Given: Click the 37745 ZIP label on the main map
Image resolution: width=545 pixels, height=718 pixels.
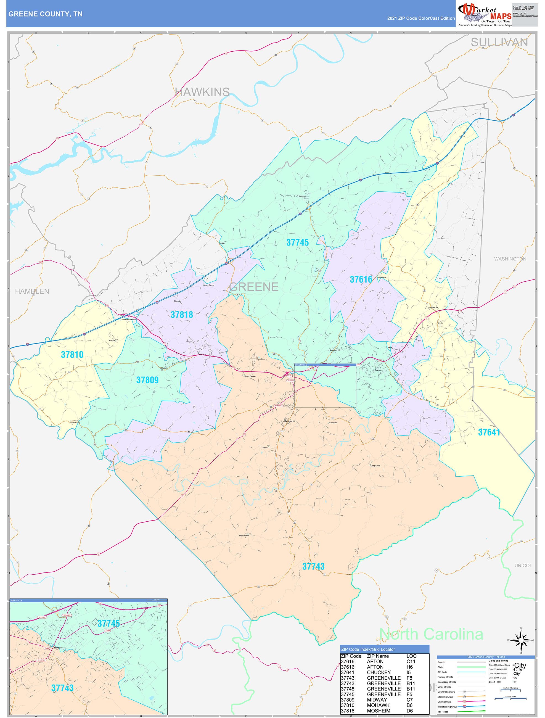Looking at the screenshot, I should pos(297,242).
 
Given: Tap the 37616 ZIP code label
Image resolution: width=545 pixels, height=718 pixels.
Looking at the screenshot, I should pos(361,279).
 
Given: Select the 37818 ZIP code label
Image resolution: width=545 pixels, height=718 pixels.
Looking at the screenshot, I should pos(182,315).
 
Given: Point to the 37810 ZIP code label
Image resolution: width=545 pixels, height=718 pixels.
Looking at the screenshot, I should pos(72,355).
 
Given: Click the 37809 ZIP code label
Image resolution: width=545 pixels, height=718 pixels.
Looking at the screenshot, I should pos(147,380).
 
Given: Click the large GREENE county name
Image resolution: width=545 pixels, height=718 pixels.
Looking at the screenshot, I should pos(254,287).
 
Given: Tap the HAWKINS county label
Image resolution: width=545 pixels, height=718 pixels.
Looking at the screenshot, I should pos(202,92).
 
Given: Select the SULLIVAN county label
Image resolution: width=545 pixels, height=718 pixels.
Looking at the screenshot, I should pos(499,43).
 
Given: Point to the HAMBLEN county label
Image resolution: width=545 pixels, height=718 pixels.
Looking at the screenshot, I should pos(32,292).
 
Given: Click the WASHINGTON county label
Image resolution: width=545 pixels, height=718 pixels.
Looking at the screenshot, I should pos(510,259).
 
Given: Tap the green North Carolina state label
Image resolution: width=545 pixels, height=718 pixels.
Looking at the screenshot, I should pos(431,634).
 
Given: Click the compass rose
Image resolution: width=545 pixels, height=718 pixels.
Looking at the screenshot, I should pos(521,640).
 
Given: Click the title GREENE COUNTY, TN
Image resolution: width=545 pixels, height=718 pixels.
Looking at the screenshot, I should pos(46,14).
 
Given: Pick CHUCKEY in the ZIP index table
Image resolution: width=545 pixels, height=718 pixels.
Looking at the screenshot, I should pos(379,672).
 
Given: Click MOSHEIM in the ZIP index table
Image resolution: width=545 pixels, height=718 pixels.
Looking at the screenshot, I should pos(379,711).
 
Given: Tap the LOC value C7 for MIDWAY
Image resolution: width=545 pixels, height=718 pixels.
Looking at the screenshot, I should pos(409,700).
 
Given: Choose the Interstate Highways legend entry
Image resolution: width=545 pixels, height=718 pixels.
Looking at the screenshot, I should pos(447,707).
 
